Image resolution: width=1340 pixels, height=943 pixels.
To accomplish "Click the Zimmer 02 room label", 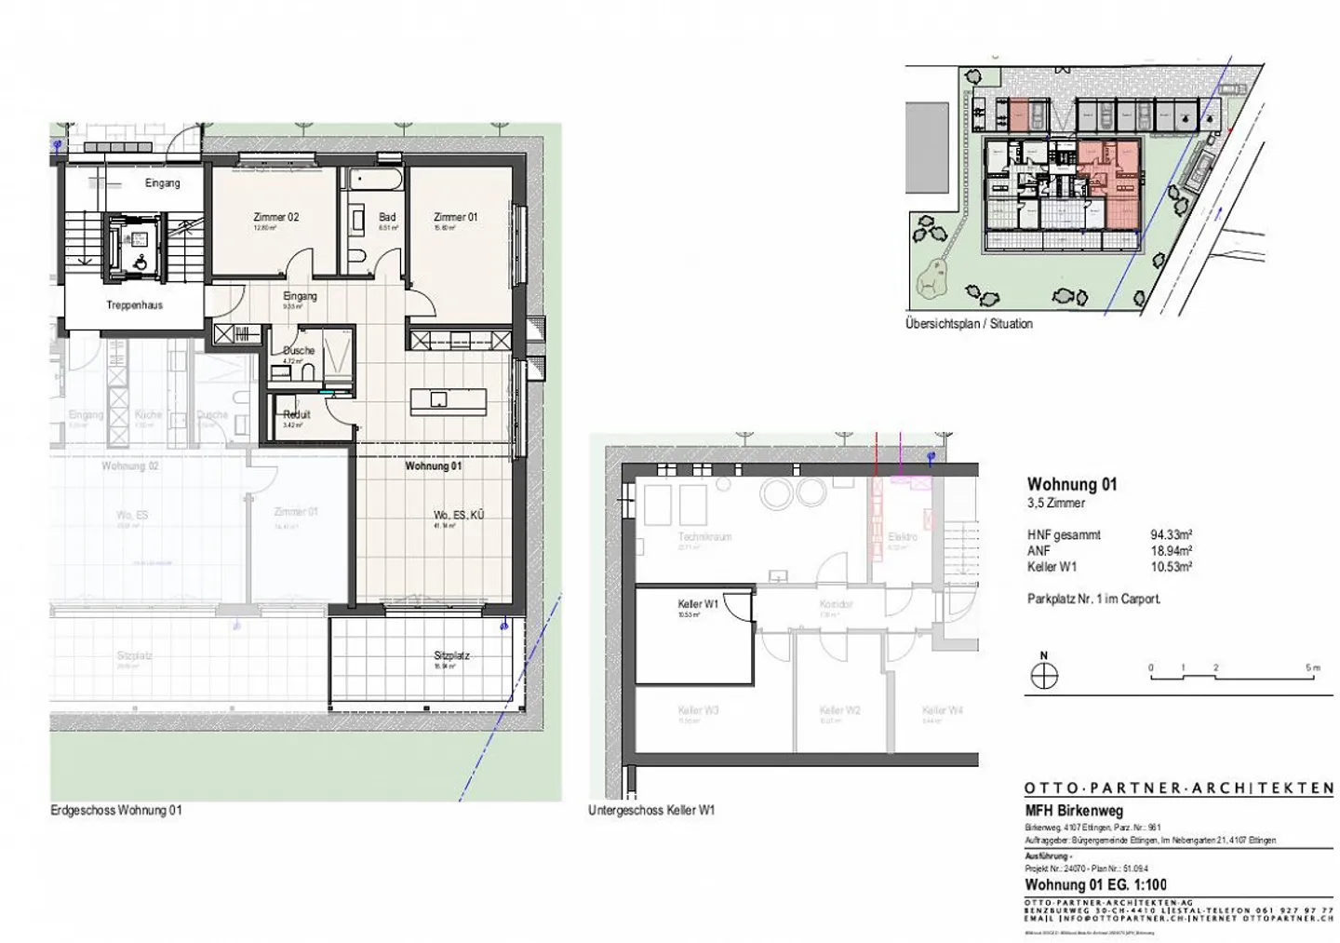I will pyautogui.click(x=276, y=217).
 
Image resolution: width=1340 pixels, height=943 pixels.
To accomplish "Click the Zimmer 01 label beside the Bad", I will pyautogui.click(x=455, y=217).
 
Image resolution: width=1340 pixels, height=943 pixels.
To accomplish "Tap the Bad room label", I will pyautogui.click(x=387, y=217).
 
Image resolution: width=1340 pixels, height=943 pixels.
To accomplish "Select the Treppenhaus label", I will pyautogui.click(x=134, y=305).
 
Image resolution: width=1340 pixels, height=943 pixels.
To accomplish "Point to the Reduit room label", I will pyautogui.click(x=297, y=415).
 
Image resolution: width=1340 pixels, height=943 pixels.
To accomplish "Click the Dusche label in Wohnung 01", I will pyautogui.click(x=299, y=351).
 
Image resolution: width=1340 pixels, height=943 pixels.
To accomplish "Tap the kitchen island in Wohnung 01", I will pyautogui.click(x=448, y=401).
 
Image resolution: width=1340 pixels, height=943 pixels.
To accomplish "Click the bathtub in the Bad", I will pyautogui.click(x=376, y=179).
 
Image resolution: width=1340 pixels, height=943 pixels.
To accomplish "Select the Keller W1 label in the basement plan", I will pyautogui.click(x=697, y=604).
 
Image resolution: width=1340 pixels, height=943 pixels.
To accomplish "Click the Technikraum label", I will pyautogui.click(x=703, y=537).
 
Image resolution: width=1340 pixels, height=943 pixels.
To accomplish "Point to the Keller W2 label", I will pyautogui.click(x=839, y=710).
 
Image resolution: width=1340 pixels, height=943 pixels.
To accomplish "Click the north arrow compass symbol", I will pyautogui.click(x=1044, y=676).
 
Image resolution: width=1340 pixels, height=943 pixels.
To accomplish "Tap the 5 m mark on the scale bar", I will pyautogui.click(x=1312, y=668).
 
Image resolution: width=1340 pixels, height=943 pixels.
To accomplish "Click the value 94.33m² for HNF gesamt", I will pyautogui.click(x=1171, y=535).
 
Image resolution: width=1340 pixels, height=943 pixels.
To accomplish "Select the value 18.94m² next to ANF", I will pyautogui.click(x=1171, y=551).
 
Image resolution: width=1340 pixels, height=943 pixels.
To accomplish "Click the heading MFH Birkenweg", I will pyautogui.click(x=1074, y=811).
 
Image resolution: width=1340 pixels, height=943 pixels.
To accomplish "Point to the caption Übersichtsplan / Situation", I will pyautogui.click(x=968, y=324).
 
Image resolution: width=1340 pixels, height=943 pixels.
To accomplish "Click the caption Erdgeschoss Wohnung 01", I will pyautogui.click(x=116, y=811).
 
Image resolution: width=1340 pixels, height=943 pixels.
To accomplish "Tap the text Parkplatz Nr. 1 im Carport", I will pyautogui.click(x=1093, y=599).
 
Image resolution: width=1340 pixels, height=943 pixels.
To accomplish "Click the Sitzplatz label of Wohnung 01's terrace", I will pyautogui.click(x=451, y=655).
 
